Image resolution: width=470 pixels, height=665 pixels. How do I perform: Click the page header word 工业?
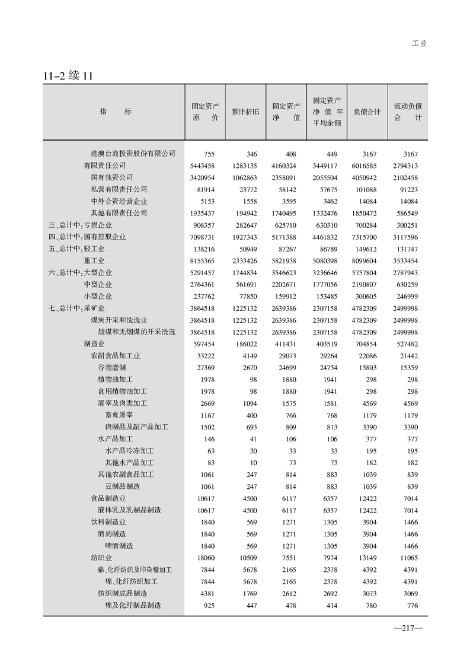pos(419,43)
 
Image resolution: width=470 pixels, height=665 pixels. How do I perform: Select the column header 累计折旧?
pos(244,112)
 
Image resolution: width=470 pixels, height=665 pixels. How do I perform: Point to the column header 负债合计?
pos(367,112)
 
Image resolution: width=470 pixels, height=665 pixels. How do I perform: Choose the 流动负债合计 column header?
pos(408,112)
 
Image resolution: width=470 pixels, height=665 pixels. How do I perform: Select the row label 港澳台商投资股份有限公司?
pos(133,154)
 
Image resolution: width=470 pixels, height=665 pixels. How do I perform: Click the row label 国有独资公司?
pos(111,177)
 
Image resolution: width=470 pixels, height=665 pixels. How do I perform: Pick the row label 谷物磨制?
pos(111,368)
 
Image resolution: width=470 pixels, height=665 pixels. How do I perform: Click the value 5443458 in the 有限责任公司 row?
pos(203,166)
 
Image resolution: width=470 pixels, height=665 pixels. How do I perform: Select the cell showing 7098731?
pos(203,237)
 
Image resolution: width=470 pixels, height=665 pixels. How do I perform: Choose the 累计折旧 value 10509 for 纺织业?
pos(246,558)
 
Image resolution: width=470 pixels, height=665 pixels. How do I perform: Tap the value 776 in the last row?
pos(413,605)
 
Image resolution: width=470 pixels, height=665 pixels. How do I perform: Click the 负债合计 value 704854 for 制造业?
pos(367,343)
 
